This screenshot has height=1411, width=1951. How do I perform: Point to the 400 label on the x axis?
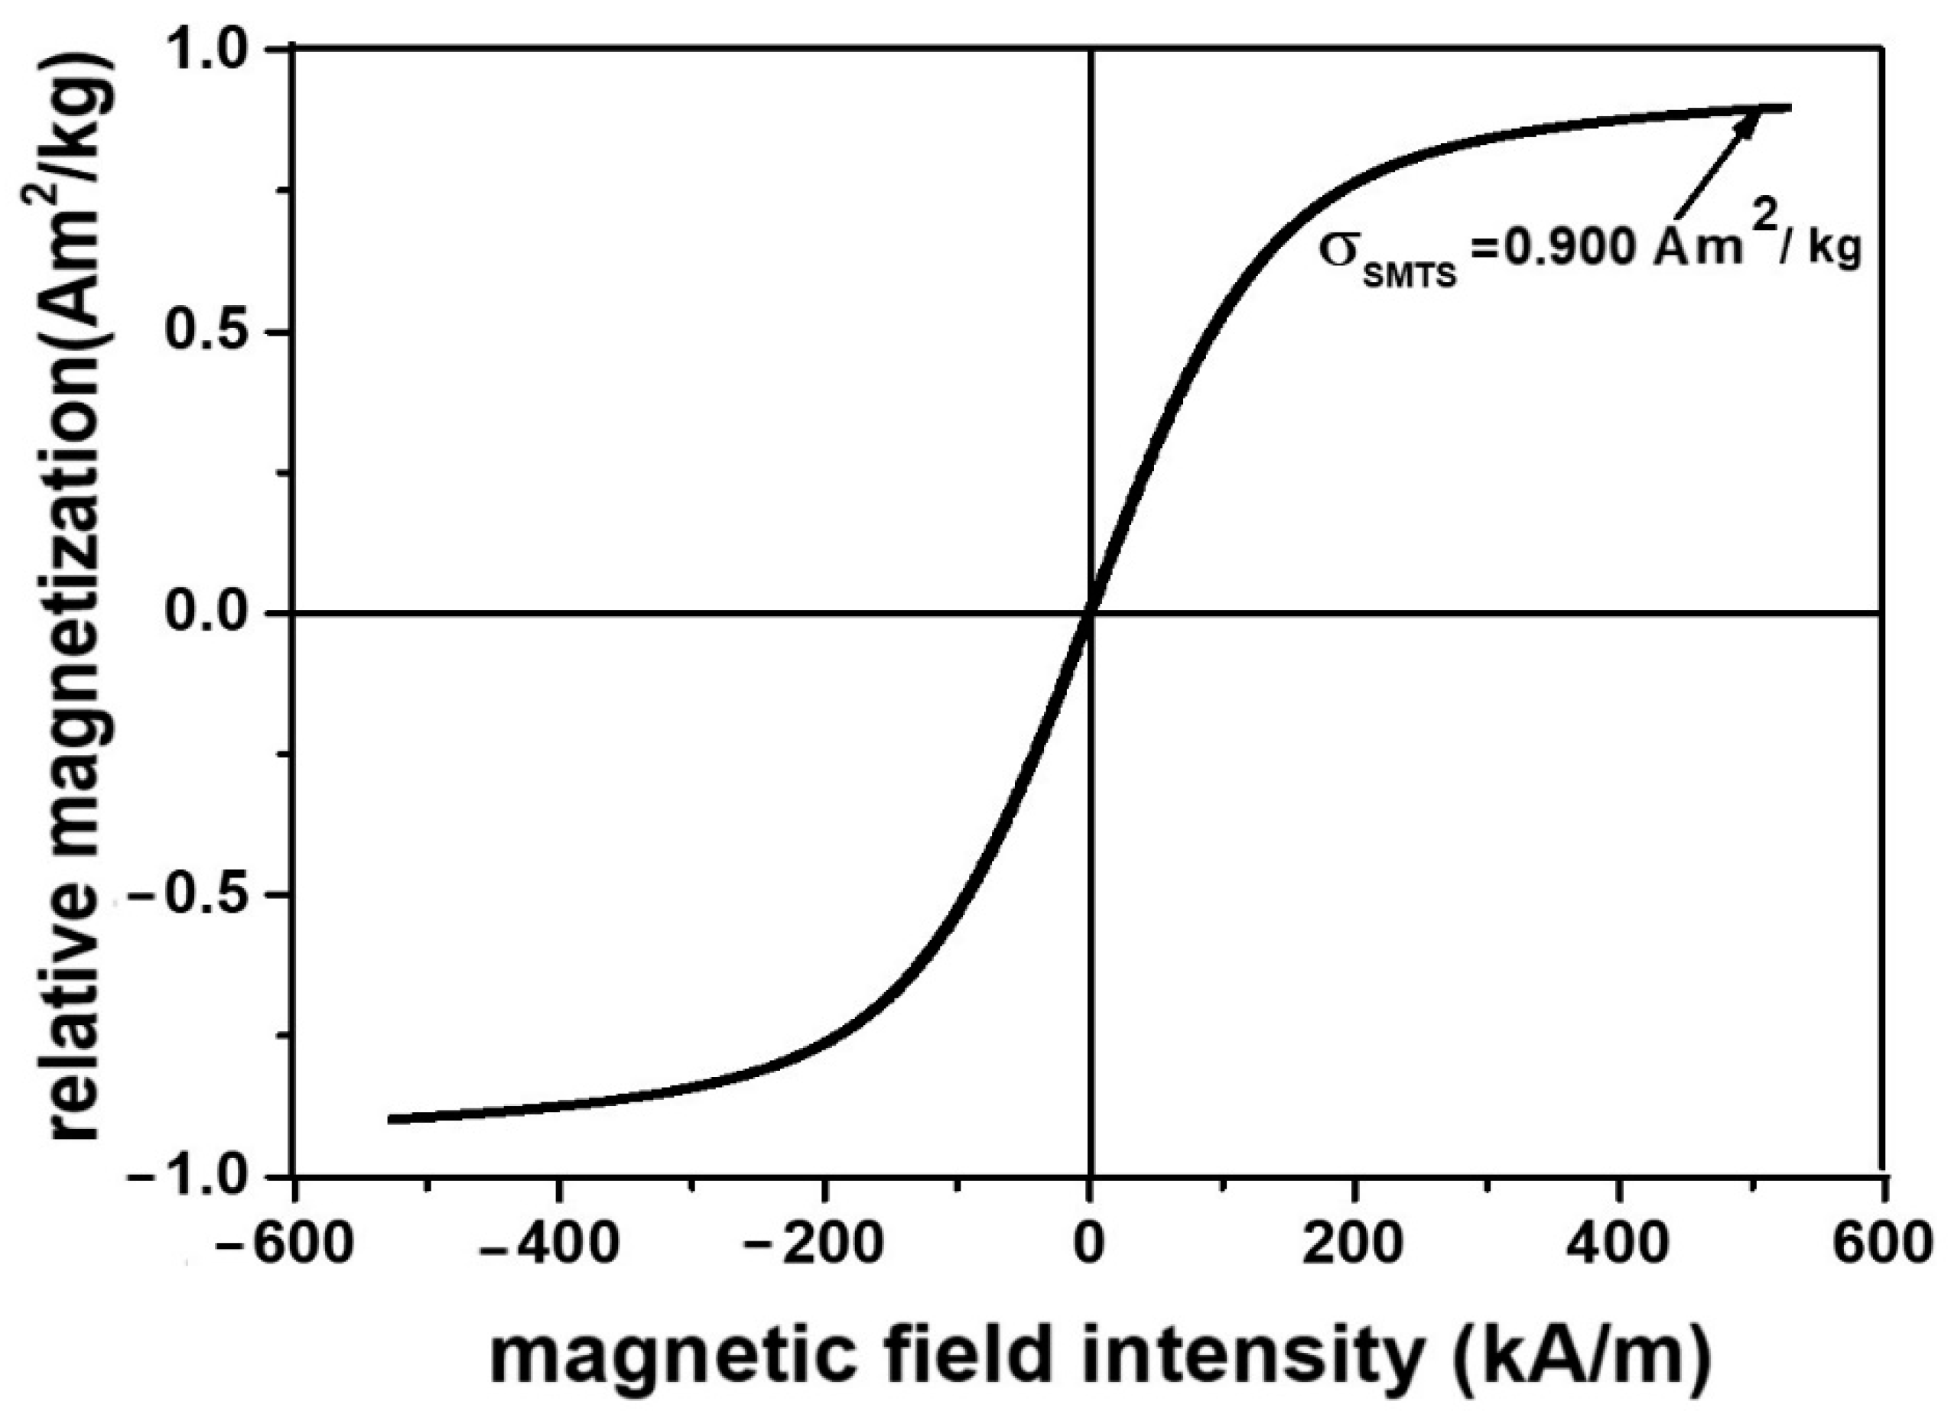pos(1619,1244)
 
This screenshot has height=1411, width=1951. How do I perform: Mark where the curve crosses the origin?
pos(1090,613)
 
